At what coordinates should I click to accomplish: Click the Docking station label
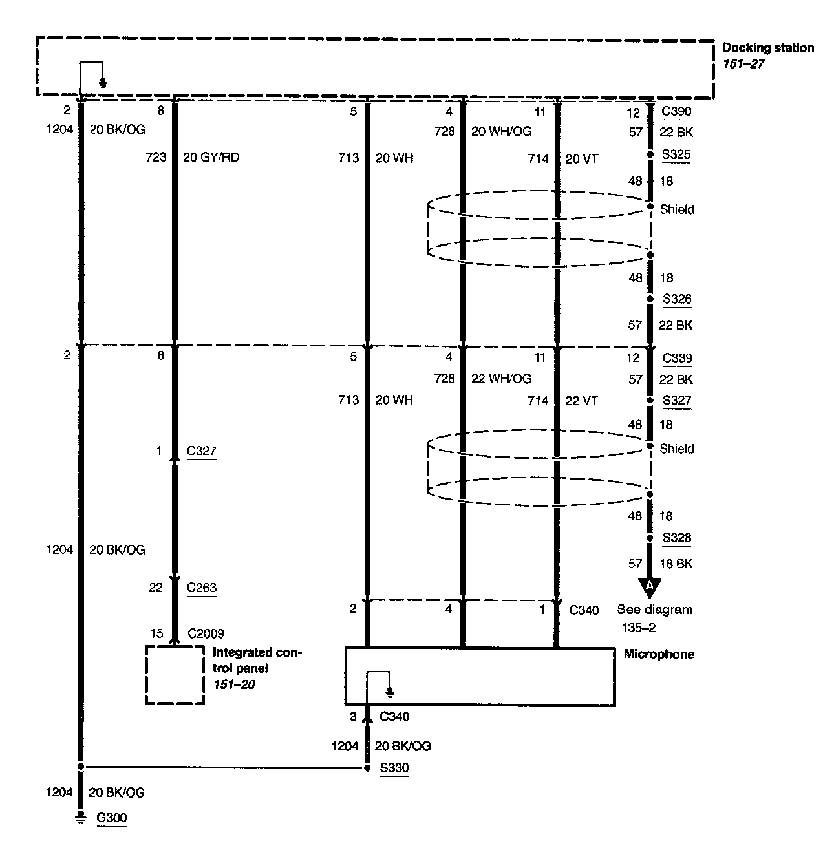(767, 48)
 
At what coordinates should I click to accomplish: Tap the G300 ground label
(112, 818)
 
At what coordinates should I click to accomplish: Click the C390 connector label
(676, 111)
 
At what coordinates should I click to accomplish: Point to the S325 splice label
(676, 154)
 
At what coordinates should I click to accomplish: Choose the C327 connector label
(202, 451)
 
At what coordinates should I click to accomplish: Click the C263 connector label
(202, 588)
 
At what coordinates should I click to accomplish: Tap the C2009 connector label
(206, 633)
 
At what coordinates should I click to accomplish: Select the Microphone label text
(659, 654)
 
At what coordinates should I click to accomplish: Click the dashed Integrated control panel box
(175, 675)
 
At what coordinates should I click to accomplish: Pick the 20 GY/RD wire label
(211, 157)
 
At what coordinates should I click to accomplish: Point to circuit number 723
(156, 157)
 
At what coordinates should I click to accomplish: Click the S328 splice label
(676, 538)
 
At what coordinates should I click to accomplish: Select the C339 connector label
(676, 358)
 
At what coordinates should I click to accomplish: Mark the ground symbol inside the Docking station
(103, 82)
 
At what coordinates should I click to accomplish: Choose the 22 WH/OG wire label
(501, 379)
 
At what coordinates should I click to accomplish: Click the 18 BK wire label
(676, 564)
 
